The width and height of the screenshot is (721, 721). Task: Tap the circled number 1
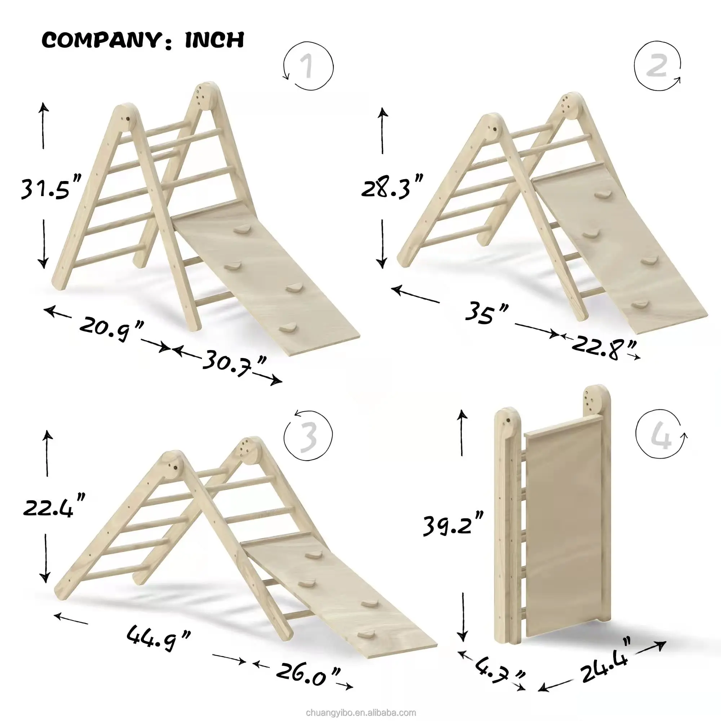tap(308, 66)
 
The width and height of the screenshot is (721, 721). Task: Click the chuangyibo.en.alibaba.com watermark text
tap(360, 712)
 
